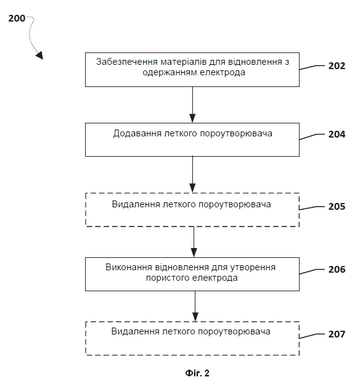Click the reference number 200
17,19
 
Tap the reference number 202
337,66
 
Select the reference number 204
337,135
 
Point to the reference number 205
337,207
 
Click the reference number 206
337,270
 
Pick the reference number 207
337,334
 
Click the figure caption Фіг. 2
197,373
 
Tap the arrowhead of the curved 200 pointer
39,56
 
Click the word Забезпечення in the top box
127,62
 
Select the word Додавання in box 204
137,134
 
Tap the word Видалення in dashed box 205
136,204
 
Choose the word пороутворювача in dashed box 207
234,332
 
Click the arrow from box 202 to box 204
193,105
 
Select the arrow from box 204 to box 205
193,175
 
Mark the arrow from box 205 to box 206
194,242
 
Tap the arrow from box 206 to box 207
195,306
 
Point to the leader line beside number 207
312,336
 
